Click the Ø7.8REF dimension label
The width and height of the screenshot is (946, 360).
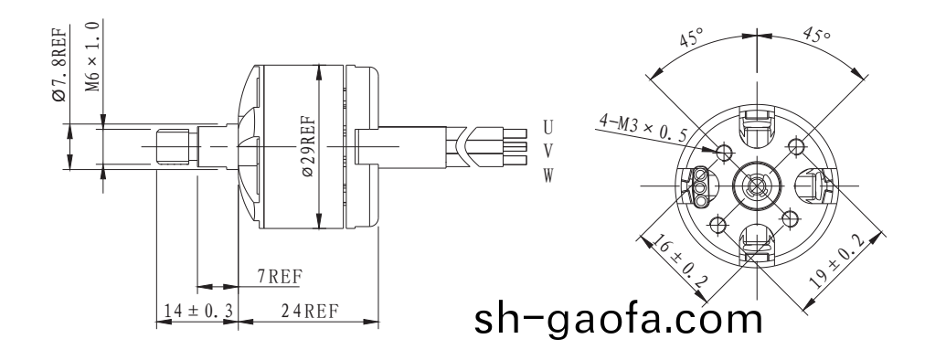(59, 66)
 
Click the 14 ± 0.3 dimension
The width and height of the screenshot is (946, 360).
(194, 311)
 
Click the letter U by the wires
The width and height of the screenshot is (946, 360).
(547, 124)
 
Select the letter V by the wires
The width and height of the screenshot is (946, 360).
(547, 149)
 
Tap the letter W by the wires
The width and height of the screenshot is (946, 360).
(547, 175)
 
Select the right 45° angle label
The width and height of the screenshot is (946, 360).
(816, 37)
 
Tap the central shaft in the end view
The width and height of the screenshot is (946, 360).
(755, 186)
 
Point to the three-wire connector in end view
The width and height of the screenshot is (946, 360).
(701, 186)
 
